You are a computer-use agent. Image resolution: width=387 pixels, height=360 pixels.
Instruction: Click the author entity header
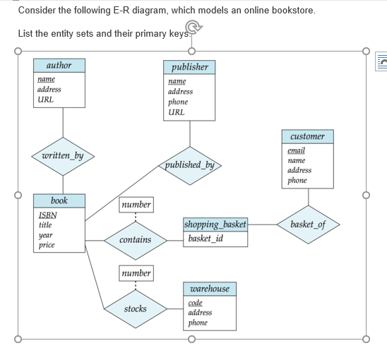pos(59,66)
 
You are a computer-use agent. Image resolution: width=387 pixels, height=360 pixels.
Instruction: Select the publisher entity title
pos(189,67)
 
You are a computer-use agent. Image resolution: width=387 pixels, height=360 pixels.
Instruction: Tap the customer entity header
pos(308,136)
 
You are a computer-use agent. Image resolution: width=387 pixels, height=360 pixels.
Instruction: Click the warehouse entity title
pos(210,289)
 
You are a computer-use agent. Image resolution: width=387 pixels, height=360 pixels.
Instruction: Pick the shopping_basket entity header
pos(215,224)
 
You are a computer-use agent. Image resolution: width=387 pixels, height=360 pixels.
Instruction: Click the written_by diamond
pos(63,157)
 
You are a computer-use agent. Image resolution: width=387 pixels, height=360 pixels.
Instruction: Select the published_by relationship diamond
pos(190,166)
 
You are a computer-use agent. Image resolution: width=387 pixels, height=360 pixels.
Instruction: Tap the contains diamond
pos(136,241)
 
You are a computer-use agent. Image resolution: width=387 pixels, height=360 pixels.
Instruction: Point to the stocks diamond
pos(136,309)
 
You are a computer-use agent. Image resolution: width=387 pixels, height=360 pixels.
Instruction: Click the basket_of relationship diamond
pos(309,224)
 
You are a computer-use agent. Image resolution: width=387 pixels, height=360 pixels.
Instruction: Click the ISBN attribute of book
pos(48,215)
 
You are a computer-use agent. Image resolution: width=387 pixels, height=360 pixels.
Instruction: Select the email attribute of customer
pos(296,150)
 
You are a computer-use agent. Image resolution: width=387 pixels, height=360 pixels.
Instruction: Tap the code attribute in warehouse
pos(195,303)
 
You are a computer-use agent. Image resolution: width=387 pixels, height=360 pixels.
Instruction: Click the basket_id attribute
pos(206,239)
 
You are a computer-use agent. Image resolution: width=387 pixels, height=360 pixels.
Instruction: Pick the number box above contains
pos(136,205)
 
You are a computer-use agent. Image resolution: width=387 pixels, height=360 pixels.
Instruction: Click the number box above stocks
pos(136,273)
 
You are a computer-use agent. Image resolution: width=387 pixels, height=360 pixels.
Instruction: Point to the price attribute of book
pos(47,245)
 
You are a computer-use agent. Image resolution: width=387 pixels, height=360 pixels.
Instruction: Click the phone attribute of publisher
pos(178,102)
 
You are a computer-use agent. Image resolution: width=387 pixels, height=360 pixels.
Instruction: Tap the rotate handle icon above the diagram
pos(194,27)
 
